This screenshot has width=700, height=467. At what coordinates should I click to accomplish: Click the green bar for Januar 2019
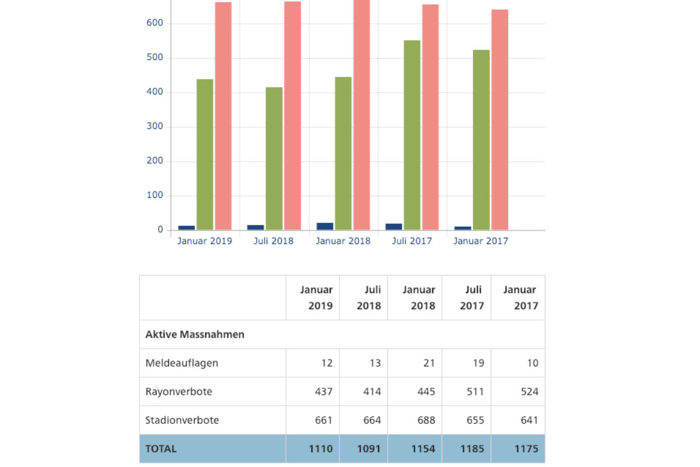click(x=205, y=155)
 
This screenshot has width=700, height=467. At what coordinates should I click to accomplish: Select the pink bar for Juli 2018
click(x=292, y=117)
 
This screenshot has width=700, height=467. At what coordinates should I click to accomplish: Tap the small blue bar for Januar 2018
click(x=325, y=226)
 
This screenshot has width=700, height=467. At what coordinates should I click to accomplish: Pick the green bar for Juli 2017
click(x=412, y=135)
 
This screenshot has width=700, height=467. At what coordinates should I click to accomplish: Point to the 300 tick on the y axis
click(x=155, y=127)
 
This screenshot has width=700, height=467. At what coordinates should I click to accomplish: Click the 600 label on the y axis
click(x=155, y=23)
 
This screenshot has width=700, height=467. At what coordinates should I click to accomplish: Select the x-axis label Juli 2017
click(x=412, y=241)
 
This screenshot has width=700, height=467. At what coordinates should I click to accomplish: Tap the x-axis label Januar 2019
click(x=205, y=241)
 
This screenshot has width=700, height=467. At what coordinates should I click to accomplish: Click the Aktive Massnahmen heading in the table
click(x=195, y=334)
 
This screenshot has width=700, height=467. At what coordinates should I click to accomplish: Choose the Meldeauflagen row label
click(x=182, y=363)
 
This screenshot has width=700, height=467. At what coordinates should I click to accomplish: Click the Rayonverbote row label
click(x=178, y=392)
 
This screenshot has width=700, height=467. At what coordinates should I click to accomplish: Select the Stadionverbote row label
click(x=182, y=420)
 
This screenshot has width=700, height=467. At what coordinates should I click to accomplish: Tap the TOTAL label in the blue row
click(x=161, y=449)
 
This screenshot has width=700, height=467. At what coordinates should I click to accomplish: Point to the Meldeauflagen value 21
click(x=429, y=363)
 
